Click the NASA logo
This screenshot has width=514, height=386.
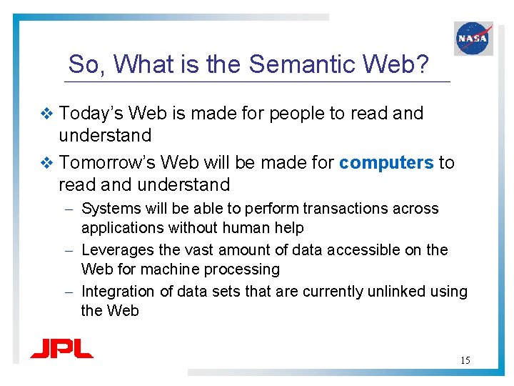[473, 38]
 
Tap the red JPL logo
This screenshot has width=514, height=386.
[61, 349]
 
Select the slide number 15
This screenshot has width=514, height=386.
[465, 360]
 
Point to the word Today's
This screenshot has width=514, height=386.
[92, 114]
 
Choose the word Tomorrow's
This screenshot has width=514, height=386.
[104, 163]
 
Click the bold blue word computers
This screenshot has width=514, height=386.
[386, 163]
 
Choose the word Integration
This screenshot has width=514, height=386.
[117, 292]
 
